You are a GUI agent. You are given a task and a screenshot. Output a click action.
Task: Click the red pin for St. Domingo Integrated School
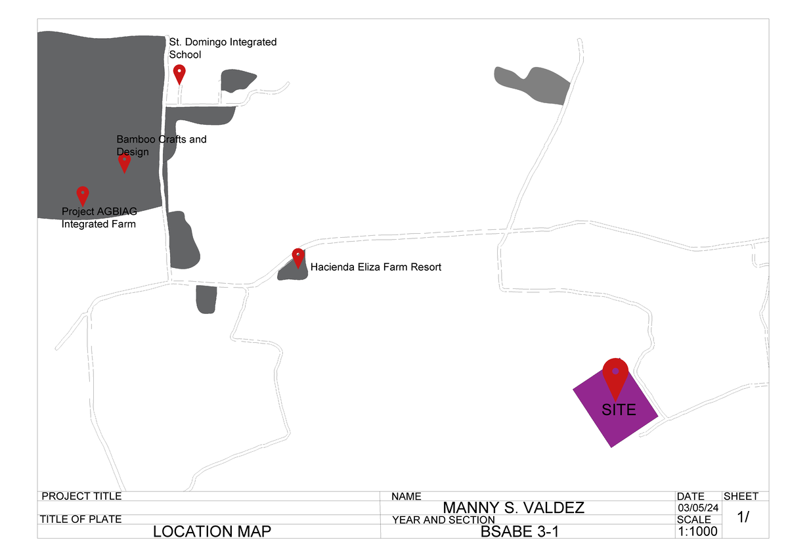[179, 72]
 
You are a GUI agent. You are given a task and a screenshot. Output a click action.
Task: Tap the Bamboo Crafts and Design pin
[124, 162]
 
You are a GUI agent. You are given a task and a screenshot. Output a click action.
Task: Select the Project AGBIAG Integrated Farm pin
[83, 194]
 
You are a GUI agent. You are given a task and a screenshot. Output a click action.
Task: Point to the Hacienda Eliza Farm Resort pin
[298, 257]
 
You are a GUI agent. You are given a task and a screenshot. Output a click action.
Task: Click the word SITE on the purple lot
[619, 410]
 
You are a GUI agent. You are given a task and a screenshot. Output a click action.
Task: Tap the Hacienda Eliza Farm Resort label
[376, 267]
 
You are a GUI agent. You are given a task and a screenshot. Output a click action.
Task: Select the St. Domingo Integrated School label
[223, 48]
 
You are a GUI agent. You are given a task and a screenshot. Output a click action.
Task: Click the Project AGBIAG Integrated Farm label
[98, 217]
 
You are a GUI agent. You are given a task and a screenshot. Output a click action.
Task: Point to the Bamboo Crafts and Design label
[161, 145]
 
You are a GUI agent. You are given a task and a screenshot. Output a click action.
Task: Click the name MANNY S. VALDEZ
[514, 508]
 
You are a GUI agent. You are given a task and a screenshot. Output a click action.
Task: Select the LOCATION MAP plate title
[211, 531]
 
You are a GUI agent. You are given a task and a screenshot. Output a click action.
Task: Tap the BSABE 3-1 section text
[519, 531]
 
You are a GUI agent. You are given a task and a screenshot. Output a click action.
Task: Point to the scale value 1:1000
[697, 531]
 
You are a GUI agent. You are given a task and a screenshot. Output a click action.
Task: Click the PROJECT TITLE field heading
[81, 497]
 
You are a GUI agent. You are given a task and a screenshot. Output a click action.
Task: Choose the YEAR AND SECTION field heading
[443, 520]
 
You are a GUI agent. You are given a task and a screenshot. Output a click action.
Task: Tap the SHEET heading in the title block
[741, 497]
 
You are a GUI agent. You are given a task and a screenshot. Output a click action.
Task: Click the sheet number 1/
[743, 518]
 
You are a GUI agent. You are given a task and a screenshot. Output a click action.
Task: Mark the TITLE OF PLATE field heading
[80, 519]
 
